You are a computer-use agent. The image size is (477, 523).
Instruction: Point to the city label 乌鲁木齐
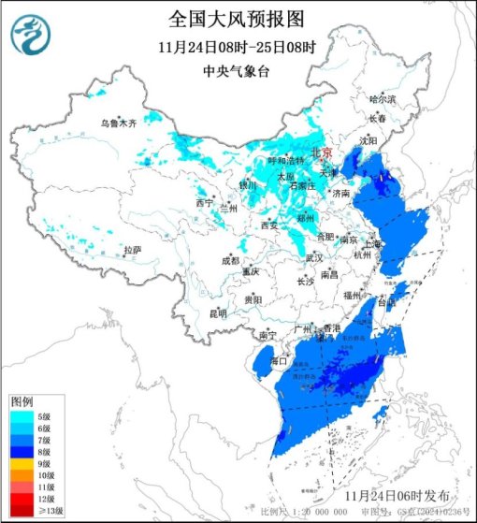pyautogui.click(x=119, y=123)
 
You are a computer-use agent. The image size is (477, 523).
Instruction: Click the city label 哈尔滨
pyautogui.click(x=383, y=98)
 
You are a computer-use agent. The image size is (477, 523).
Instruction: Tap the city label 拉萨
pyautogui.click(x=132, y=250)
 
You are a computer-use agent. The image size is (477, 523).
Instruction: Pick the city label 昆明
pyautogui.click(x=218, y=312)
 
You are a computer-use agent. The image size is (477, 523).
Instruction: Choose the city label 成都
pyautogui.click(x=230, y=260)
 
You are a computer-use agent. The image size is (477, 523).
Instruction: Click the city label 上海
pyautogui.click(x=373, y=243)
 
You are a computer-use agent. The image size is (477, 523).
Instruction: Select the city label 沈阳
pyautogui.click(x=368, y=140)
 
